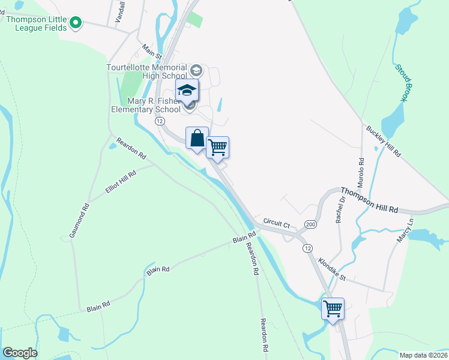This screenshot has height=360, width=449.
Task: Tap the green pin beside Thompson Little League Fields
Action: pyautogui.click(x=76, y=23)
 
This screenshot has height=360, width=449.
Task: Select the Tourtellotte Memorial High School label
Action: pyautogui.click(x=146, y=71)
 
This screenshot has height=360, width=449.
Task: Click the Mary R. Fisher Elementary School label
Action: pyautogui.click(x=146, y=105)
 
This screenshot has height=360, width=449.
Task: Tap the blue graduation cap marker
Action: pyautogui.click(x=187, y=91)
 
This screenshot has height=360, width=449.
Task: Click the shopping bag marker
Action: pyautogui.click(x=197, y=139)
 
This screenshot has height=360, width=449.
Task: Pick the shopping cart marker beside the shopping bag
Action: pyautogui.click(x=218, y=147)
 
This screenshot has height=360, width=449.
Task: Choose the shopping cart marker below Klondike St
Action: pyautogui.click(x=333, y=308)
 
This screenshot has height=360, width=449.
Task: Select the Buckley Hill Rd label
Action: pyautogui.click(x=384, y=142)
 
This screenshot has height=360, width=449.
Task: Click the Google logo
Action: pyautogui.click(x=20, y=353)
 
